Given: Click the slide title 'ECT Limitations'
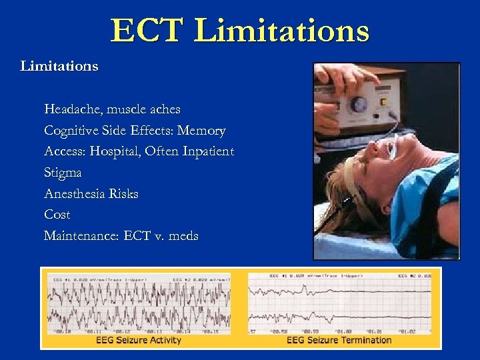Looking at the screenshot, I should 239,31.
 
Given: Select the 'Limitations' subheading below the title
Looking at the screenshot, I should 59,66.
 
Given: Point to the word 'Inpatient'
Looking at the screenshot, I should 206,151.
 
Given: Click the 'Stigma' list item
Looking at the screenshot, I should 63,173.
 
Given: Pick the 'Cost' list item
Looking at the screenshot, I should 57,215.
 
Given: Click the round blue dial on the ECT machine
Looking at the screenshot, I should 361,105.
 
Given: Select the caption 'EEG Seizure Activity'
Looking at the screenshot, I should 138,340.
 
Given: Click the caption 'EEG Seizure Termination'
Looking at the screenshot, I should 339,340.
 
